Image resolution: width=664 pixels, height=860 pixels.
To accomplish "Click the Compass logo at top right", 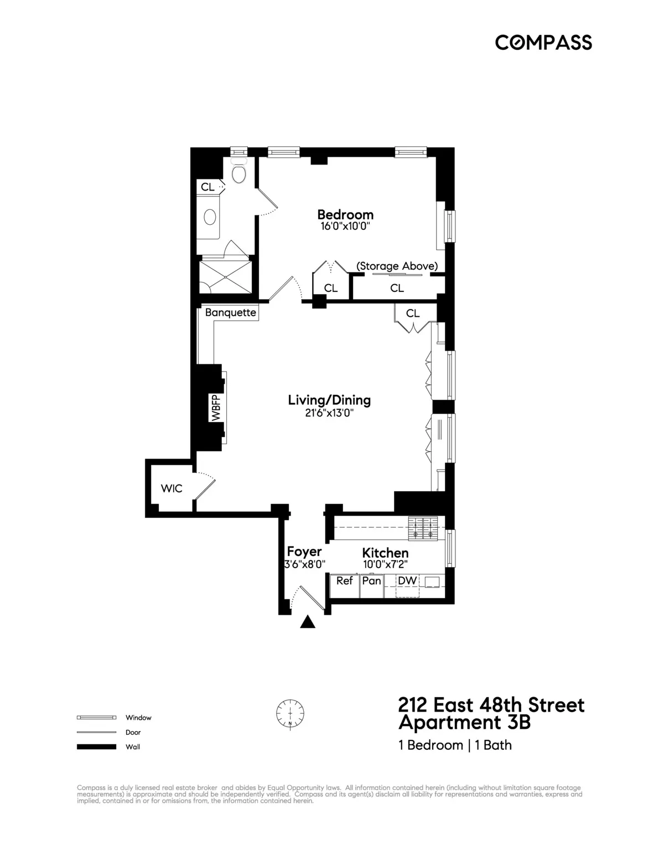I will (543, 42).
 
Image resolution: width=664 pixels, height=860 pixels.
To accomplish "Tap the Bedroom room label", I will (345, 214).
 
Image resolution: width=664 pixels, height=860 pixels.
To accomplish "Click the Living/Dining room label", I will (329, 400).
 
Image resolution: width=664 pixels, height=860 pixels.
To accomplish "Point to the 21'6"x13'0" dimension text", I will (329, 413).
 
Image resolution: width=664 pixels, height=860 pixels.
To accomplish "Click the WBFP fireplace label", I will (216, 408).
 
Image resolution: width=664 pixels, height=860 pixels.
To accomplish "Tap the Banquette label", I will (230, 312).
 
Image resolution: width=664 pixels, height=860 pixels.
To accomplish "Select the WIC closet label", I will (171, 488).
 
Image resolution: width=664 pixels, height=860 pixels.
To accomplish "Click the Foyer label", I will (304, 552).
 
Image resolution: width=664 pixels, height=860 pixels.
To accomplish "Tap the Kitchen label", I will (385, 553).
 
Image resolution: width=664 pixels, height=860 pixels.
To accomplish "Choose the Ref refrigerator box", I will (344, 581).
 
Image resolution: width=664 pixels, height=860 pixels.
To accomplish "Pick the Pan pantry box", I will (371, 581).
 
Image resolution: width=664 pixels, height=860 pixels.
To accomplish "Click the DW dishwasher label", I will (407, 581).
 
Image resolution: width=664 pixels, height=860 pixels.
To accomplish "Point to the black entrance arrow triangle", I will (308, 622).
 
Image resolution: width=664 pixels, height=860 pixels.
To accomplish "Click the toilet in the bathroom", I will (239, 173).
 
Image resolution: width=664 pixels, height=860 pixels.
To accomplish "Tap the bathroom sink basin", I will (210, 218).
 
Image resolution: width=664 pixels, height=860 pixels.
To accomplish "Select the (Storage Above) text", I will (397, 266).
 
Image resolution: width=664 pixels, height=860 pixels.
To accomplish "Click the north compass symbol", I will (290, 713).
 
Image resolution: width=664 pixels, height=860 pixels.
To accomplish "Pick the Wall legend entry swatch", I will (96, 746).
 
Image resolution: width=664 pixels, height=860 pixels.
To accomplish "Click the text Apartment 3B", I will (464, 723).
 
